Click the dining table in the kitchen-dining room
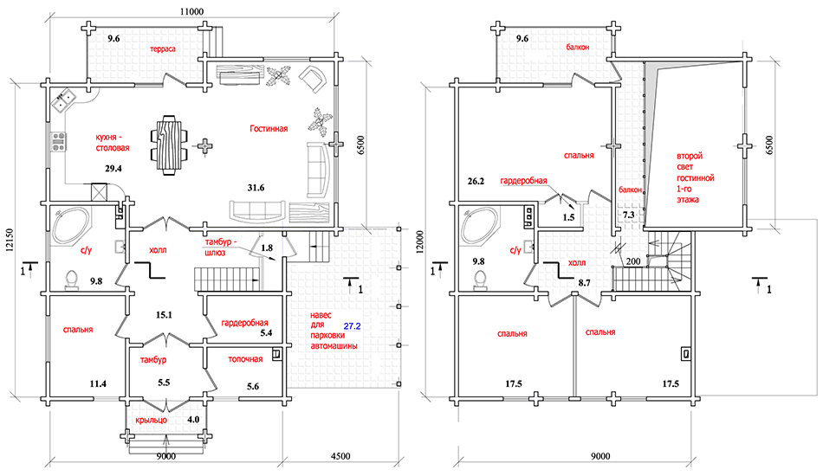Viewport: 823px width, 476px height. pyautogui.click(x=169, y=145)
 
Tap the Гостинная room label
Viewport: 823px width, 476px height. pyautogui.click(x=269, y=128)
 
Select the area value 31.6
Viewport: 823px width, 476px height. pyautogui.click(x=256, y=188)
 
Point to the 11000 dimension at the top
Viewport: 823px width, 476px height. pyautogui.click(x=191, y=11)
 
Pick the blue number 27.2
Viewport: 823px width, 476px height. pyautogui.click(x=353, y=326)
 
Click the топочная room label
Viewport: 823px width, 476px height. pyautogui.click(x=245, y=359)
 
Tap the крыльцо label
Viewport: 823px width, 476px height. pyautogui.click(x=151, y=420)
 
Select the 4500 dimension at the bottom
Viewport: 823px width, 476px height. pyautogui.click(x=340, y=457)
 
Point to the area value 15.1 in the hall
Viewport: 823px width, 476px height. pyautogui.click(x=164, y=315)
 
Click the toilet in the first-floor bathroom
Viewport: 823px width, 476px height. pyautogui.click(x=72, y=279)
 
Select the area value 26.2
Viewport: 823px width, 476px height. pyautogui.click(x=476, y=182)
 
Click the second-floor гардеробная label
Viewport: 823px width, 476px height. pyautogui.click(x=523, y=181)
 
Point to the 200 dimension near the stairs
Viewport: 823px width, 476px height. pyautogui.click(x=633, y=261)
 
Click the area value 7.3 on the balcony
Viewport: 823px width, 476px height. pyautogui.click(x=628, y=215)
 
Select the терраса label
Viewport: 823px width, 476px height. pyautogui.click(x=163, y=48)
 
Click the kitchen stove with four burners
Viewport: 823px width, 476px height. pyautogui.click(x=58, y=142)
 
